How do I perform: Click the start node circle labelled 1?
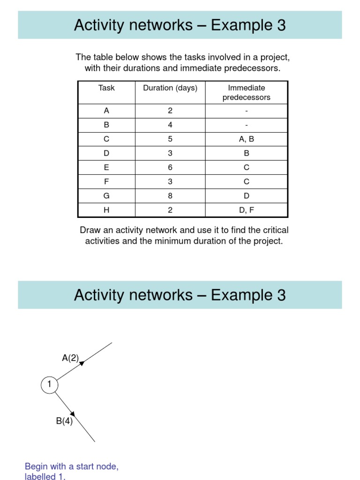pos(49,385)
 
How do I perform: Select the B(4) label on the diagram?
pos(64,421)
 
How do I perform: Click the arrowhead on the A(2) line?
pos(82,363)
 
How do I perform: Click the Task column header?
pos(106,88)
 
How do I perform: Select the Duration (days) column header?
pos(170,88)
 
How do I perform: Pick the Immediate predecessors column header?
pos(247,93)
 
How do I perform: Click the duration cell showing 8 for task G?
pos(170,196)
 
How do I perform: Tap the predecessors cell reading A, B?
pos(247,139)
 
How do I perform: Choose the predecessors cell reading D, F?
pos(247,210)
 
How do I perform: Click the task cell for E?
pos(106,167)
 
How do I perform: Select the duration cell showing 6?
pos(170,167)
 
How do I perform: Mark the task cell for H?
pos(106,210)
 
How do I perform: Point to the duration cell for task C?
pos(170,139)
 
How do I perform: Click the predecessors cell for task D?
pos(247,153)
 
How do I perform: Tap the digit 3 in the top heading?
pos(281,25)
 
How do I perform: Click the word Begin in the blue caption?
pos(36,466)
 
